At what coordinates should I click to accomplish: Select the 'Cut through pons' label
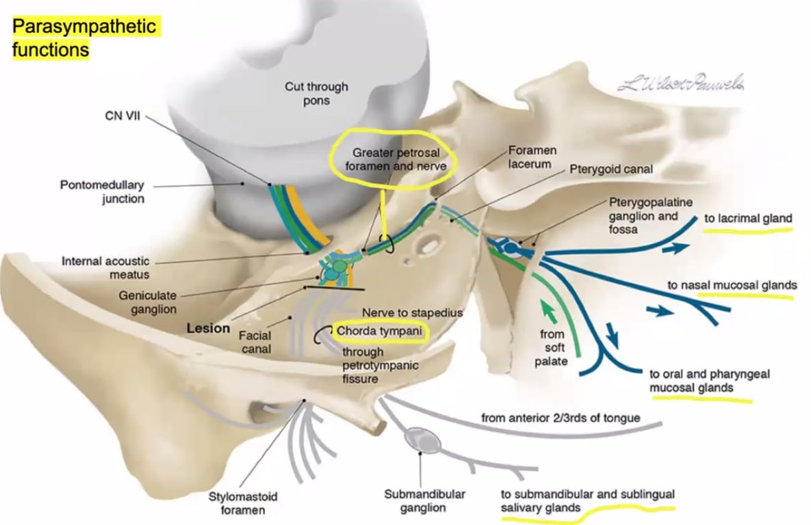(x=316, y=94)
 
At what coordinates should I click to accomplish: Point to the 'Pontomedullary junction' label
(x=102, y=191)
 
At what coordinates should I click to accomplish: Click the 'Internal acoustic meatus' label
(x=105, y=267)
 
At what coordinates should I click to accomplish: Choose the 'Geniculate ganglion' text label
(x=147, y=302)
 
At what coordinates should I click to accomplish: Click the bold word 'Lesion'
(x=208, y=328)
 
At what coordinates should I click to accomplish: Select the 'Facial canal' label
(x=255, y=342)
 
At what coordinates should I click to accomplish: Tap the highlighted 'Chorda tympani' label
(x=378, y=332)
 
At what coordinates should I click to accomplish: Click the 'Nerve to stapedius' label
(x=412, y=312)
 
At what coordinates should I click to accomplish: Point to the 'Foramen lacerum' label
(x=532, y=157)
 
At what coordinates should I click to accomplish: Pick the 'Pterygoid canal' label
(x=612, y=168)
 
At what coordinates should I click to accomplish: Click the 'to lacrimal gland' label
(x=748, y=219)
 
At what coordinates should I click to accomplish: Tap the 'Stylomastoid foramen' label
(x=243, y=502)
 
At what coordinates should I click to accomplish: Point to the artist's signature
(x=680, y=85)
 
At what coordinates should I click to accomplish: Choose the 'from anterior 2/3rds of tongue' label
(x=561, y=417)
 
